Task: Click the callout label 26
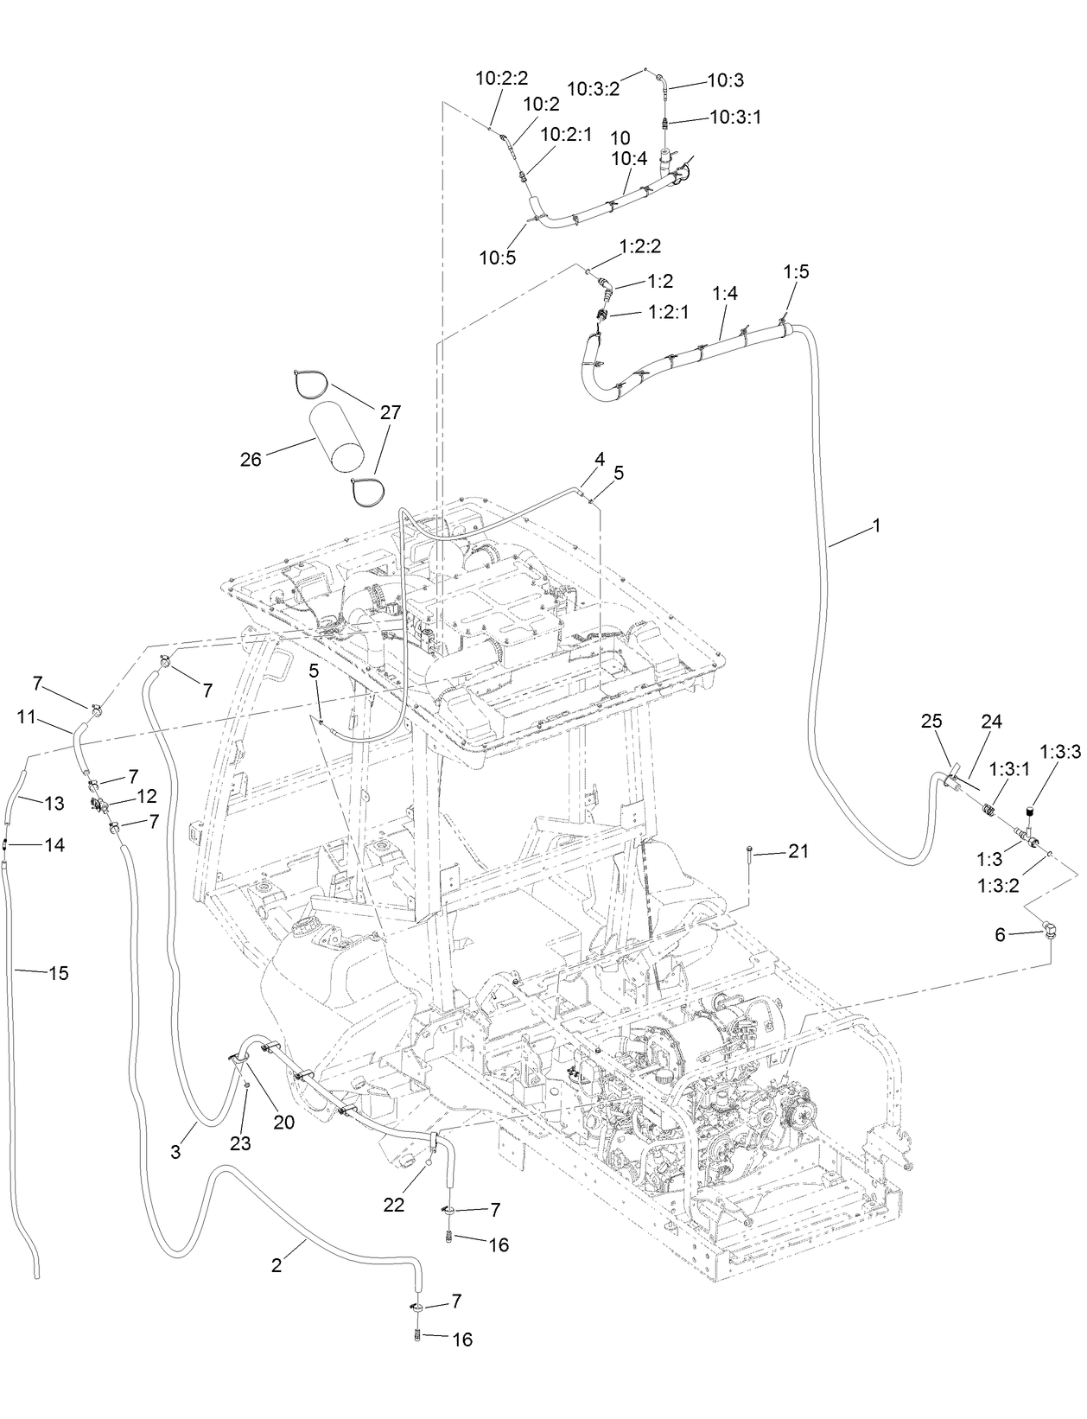click(x=251, y=461)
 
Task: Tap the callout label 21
click(x=798, y=851)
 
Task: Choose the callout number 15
click(x=58, y=973)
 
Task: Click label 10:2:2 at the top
click(x=501, y=78)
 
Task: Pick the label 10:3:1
click(x=735, y=117)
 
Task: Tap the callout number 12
click(x=147, y=796)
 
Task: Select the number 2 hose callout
click(x=277, y=1266)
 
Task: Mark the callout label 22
click(x=394, y=1206)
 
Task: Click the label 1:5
click(x=796, y=271)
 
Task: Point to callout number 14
click(x=54, y=845)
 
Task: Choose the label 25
click(x=931, y=721)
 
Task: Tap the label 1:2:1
click(x=668, y=313)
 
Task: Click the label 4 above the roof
click(x=599, y=459)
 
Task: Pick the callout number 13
click(x=54, y=804)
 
